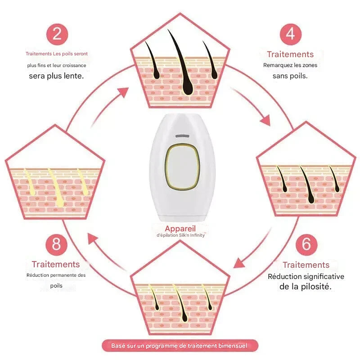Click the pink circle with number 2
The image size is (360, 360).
click(57, 34)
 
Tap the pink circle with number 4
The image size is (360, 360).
click(290, 34)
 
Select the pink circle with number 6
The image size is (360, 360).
click(306, 244)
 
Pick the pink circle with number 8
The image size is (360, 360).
click(57, 245)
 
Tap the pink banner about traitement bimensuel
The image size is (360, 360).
click(180, 346)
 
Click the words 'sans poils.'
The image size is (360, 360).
click(290, 76)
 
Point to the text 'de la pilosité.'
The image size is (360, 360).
click(306, 287)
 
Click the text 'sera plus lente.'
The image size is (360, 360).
click(56, 76)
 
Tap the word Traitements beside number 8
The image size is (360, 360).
click(56, 264)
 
